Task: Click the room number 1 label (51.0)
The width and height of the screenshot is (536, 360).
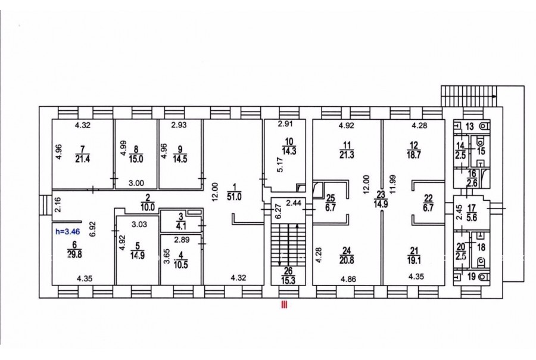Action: click(235, 192)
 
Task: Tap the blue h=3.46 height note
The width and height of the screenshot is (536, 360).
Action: click(68, 232)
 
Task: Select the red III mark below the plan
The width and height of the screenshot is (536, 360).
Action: click(283, 305)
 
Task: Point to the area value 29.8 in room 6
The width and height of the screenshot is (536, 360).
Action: click(74, 254)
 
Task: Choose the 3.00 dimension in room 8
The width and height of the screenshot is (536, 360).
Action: click(136, 183)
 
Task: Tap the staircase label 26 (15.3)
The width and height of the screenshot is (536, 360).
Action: click(288, 276)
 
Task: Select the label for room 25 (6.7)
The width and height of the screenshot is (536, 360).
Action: click(330, 203)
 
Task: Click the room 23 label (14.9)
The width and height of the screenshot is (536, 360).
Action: click(381, 199)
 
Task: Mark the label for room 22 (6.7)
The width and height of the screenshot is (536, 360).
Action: click(428, 203)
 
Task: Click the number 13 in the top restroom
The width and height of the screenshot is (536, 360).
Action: click(470, 126)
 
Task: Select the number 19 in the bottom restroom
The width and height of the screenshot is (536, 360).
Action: click(472, 277)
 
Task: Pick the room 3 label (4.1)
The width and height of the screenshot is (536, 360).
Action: click(182, 221)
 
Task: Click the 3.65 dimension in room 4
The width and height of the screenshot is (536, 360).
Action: click(166, 256)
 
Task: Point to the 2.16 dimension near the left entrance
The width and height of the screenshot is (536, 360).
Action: click(58, 204)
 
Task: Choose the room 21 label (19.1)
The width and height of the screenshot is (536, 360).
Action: click(414, 256)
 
